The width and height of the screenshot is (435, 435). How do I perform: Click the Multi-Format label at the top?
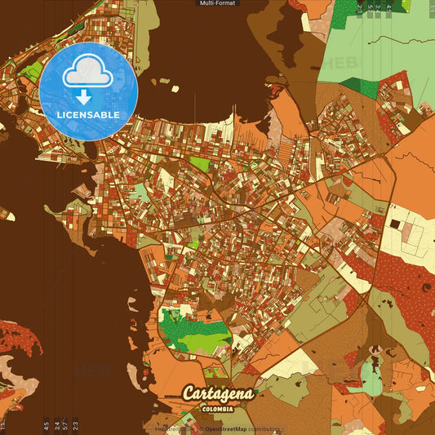tap(217, 3)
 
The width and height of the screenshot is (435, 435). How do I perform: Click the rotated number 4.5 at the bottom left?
tap(46, 424)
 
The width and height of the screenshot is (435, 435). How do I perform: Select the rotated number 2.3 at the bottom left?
tap(76, 424)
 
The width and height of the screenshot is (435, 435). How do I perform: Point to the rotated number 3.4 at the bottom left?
tap(55, 424)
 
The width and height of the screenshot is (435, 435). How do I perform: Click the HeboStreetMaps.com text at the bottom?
tap(171, 428)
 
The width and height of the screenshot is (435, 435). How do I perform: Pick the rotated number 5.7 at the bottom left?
tap(65, 424)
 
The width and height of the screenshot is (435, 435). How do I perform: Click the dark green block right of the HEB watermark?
tap(359, 84)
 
